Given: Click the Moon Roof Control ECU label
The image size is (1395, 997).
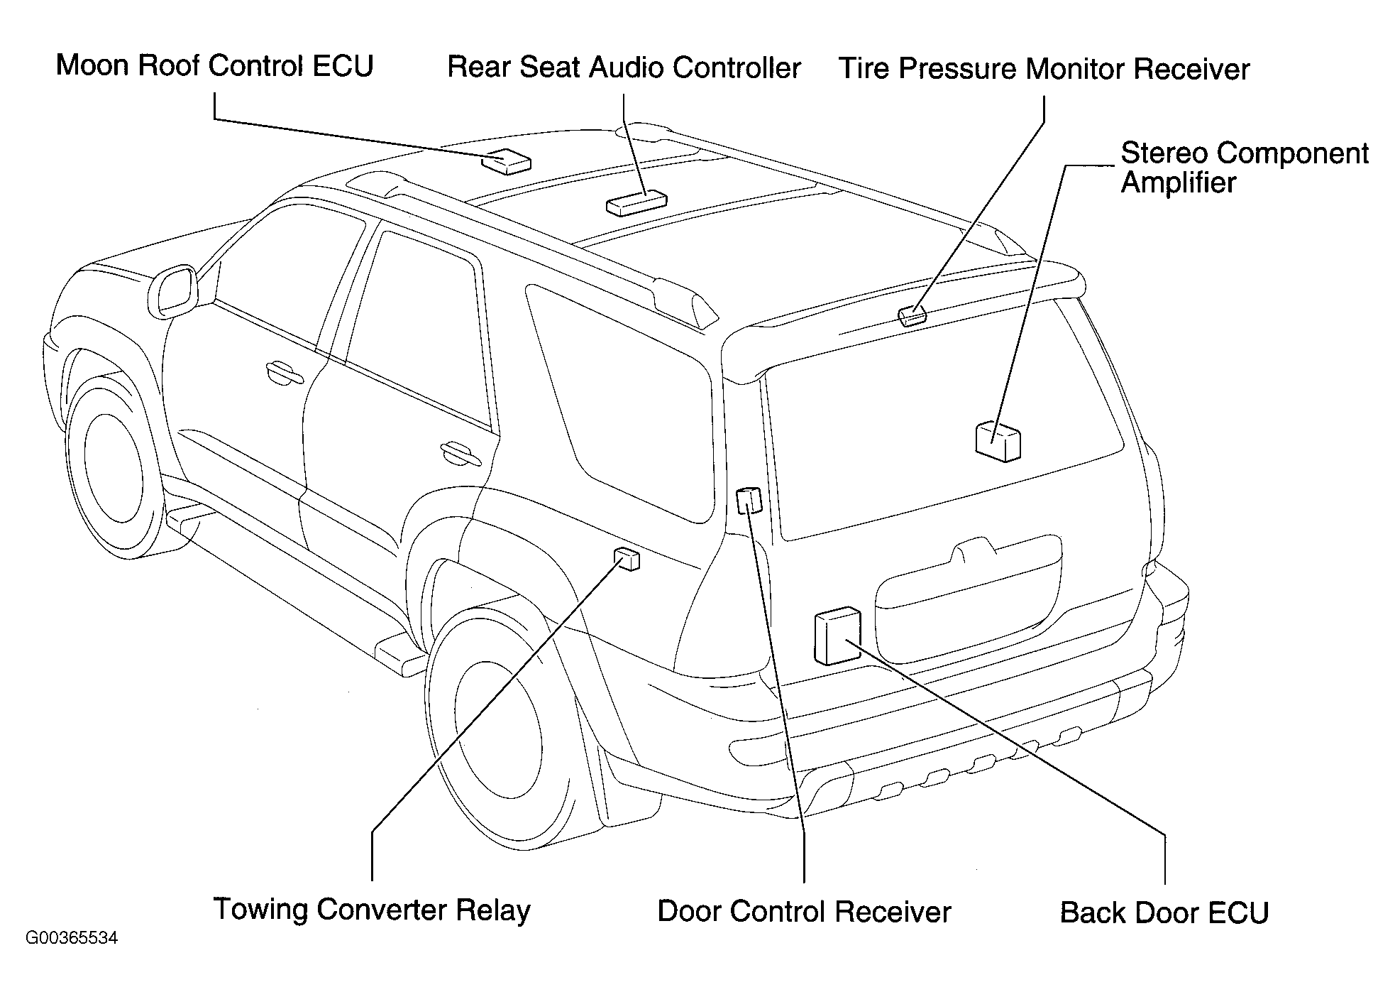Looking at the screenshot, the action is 214,65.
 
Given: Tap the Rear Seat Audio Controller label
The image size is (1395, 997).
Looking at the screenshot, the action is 624,67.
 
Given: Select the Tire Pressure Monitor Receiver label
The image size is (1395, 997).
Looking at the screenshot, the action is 1044,70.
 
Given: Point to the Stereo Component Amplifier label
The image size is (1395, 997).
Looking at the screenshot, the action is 1245,168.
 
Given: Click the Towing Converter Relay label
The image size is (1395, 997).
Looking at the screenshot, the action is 372,910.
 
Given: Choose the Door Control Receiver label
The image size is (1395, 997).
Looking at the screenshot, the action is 804,912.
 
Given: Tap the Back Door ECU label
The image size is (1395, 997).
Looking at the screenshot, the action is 1164,913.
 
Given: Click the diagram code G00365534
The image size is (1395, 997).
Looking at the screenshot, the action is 72,938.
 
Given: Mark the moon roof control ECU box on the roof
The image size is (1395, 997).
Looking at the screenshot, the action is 506,161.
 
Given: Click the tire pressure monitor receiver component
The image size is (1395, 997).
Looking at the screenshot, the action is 912,315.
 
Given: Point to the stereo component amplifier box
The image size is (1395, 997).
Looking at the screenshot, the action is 998,441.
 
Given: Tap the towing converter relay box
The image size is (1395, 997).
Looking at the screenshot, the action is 627,560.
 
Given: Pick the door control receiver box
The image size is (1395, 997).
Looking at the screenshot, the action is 749,501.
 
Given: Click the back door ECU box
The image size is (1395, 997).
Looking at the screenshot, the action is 838,635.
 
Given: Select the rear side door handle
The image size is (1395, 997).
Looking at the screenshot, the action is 460,452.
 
